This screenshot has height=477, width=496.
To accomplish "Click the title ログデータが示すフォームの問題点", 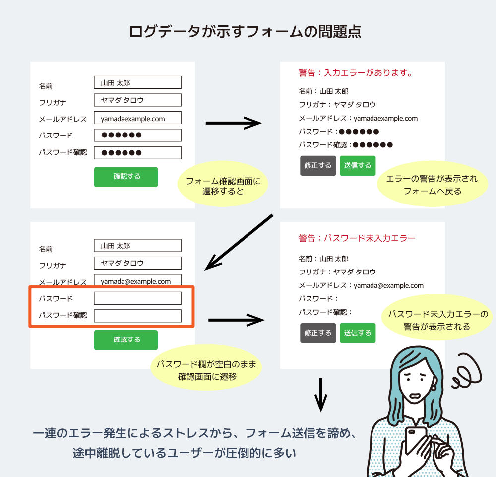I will point(245,32).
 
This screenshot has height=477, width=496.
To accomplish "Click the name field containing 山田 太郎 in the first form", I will point(137,82).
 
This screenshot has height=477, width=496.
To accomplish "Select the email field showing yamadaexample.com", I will point(137,118).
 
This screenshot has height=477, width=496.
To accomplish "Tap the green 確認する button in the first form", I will point(126,177).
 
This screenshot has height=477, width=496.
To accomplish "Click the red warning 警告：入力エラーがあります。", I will point(356,73).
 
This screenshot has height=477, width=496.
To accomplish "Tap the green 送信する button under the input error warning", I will point(358,166).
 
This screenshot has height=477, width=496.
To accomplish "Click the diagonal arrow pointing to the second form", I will point(239,242).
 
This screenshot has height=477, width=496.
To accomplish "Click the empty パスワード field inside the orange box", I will point(137,298).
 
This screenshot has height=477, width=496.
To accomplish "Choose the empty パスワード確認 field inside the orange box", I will point(137,316).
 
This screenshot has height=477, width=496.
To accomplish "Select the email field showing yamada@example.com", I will point(137,281).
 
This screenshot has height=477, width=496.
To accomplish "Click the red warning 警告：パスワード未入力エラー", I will point(357,239).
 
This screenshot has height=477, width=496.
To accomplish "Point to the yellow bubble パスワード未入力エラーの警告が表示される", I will point(437,320).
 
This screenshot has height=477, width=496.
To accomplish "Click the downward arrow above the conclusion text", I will point(321,395).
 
